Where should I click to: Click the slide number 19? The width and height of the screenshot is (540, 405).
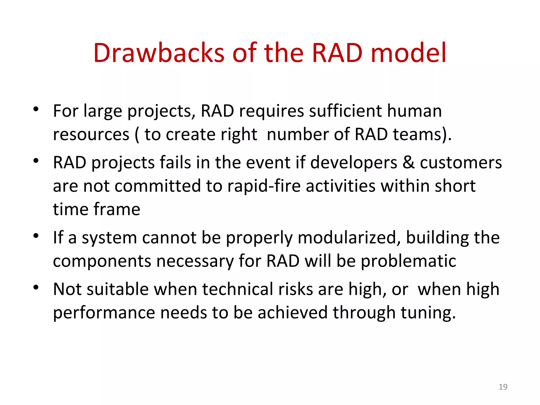[x=503, y=387]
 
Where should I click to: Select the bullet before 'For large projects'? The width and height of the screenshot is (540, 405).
[x=36, y=109]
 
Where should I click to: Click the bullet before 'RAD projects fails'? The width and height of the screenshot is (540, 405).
[x=36, y=161]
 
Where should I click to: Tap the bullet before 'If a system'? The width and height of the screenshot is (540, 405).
[x=36, y=236]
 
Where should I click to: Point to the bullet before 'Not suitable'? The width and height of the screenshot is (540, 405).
[x=36, y=287]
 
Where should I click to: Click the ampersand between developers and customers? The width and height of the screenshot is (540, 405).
[x=408, y=162]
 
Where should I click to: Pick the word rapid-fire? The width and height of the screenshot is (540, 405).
[x=264, y=186]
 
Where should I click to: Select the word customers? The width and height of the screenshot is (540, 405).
[x=461, y=162]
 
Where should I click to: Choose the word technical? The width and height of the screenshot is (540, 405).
[x=238, y=289]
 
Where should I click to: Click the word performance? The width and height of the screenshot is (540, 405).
[x=104, y=313]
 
